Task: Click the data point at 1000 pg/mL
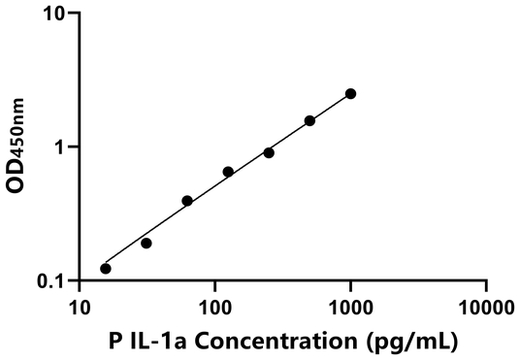[350, 93]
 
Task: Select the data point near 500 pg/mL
[309, 120]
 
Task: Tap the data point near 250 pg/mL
[269, 152]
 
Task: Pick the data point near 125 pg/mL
[228, 172]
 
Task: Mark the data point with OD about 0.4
[187, 201]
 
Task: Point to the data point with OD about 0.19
[146, 243]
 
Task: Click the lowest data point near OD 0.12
[106, 269]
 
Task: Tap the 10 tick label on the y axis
[55, 14]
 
